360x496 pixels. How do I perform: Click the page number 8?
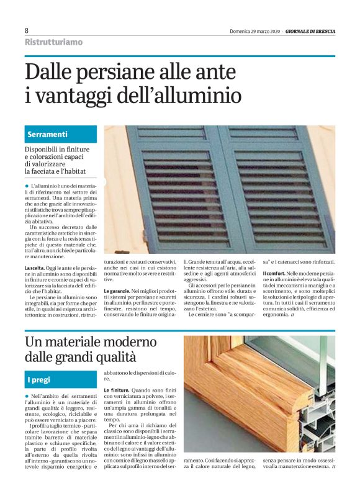(27, 30)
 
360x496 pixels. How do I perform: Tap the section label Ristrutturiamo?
(53, 42)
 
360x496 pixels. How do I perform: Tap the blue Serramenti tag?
(48, 134)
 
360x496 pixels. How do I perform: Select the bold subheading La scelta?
(35, 268)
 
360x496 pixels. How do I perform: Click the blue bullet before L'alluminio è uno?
(27, 186)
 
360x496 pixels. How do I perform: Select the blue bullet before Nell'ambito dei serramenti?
(27, 395)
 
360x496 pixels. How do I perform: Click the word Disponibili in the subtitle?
(45, 150)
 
